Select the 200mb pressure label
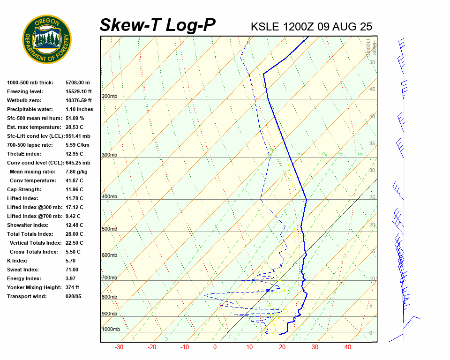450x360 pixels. pyautogui.click(x=110, y=97)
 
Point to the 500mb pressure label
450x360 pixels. pyautogui.click(x=110, y=229)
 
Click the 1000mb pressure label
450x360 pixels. pyautogui.click(x=111, y=330)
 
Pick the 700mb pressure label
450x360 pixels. pyautogui.click(x=110, y=278)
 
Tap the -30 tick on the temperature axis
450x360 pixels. pyautogui.click(x=119, y=347)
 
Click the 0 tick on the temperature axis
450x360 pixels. pyautogui.click(x=215, y=347)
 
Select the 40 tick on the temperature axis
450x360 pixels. pyautogui.click(x=347, y=347)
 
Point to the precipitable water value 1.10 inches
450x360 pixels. pyautogui.click(x=79, y=109)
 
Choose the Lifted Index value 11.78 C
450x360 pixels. pyautogui.click(x=75, y=198)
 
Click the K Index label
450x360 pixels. pyautogui.click(x=18, y=261)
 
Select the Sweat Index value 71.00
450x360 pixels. pyautogui.click(x=72, y=270)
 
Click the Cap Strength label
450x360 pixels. pyautogui.click(x=24, y=189)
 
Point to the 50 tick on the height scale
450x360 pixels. pyautogui.click(x=372, y=62)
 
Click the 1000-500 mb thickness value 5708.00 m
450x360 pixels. pyautogui.click(x=78, y=82)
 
